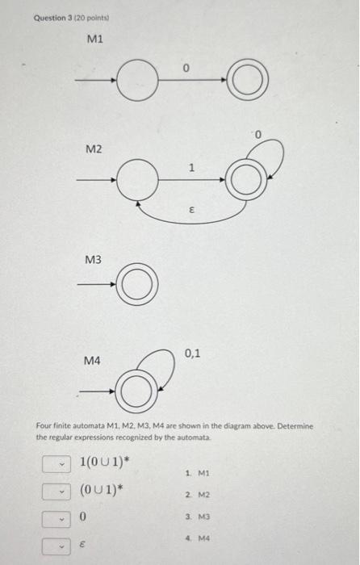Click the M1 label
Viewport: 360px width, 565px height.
(95, 39)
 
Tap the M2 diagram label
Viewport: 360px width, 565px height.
(95, 150)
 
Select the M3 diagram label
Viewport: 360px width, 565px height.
(94, 259)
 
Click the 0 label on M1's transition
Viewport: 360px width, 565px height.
(186, 69)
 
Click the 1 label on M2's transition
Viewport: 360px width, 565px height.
(191, 168)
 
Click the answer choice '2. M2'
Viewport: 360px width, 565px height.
(197, 495)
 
